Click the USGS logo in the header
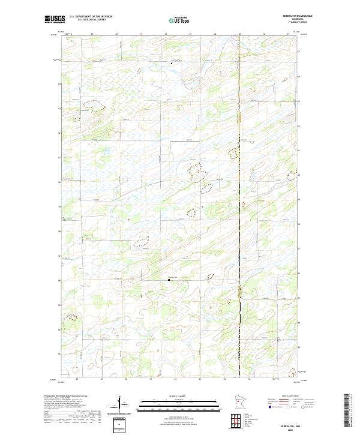(x=55, y=19)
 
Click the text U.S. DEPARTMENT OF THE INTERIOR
(x=91, y=16)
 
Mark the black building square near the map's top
(x=172, y=63)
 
